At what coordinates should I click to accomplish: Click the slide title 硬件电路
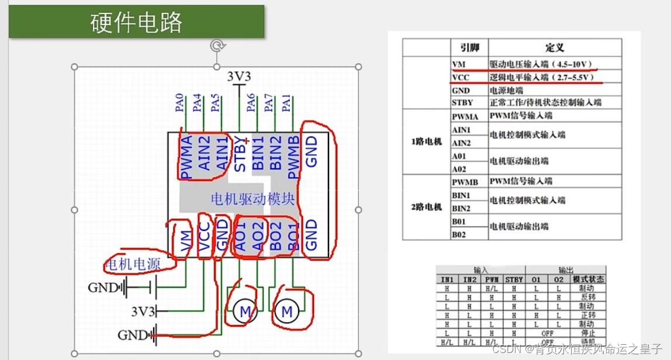coord(137,22)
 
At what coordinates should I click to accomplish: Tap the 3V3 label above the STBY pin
coord(239,76)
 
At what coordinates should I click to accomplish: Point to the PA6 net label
coord(251,103)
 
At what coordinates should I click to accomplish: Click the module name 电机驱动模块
coord(253,199)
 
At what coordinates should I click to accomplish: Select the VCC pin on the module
coord(205,239)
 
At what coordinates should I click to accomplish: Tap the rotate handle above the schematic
coord(217,46)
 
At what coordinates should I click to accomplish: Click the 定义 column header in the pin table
coord(554,48)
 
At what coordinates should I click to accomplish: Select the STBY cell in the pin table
coord(462,102)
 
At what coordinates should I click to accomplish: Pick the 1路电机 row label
coord(426,141)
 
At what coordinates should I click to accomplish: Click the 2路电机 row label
coord(426,207)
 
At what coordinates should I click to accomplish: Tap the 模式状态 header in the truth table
coord(589,280)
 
